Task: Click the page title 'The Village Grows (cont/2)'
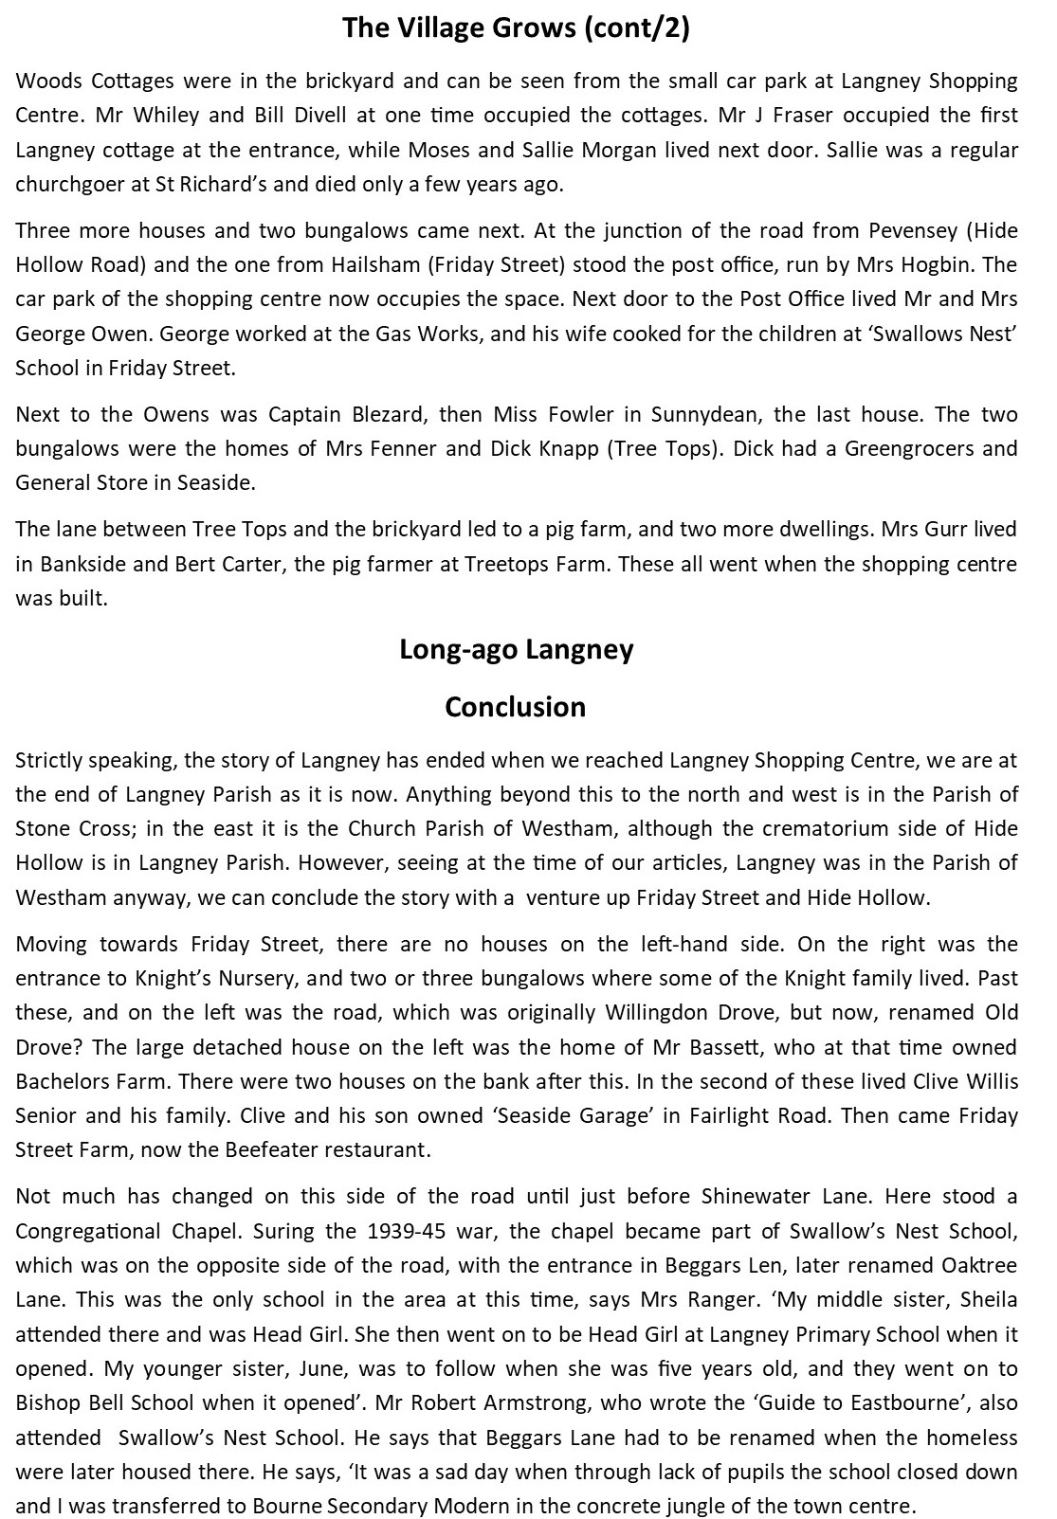(x=516, y=28)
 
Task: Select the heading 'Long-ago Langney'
(x=516, y=650)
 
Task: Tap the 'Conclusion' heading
(x=516, y=707)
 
